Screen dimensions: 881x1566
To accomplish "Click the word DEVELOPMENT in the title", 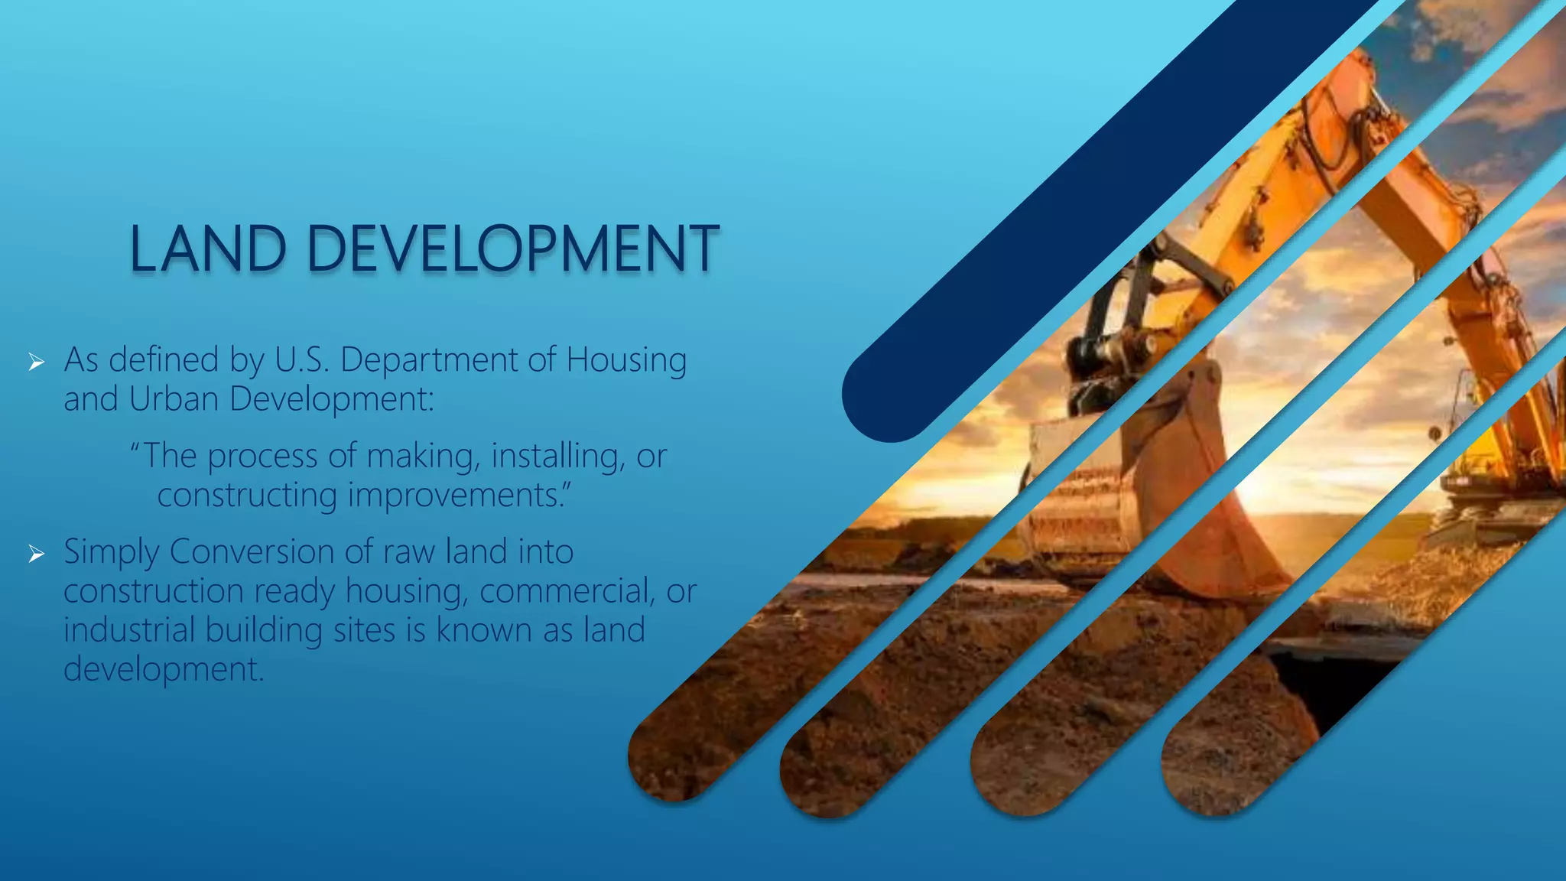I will pos(512,249).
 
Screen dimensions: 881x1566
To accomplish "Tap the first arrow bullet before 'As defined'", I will pos(36,362).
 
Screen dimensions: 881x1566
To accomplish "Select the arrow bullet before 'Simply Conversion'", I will pos(36,554).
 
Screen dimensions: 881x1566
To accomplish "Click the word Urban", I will pos(174,399).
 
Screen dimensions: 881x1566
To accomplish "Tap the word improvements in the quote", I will pos(459,496).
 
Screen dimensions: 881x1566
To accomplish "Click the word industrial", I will pos(129,630).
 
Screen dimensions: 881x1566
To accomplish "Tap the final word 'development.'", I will pos(164,670).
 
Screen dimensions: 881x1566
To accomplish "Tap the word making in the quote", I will pos(424,457).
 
